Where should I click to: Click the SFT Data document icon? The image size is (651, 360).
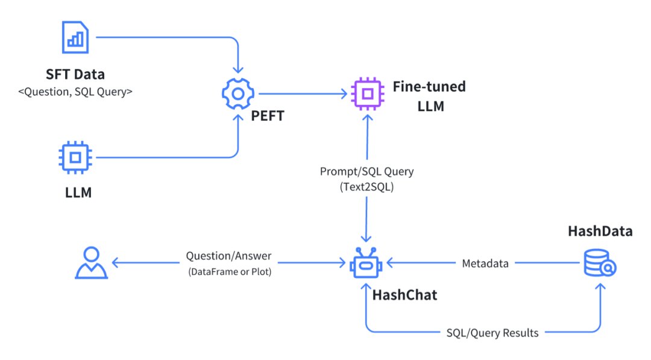click(x=75, y=37)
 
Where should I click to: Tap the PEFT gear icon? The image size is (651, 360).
click(x=237, y=93)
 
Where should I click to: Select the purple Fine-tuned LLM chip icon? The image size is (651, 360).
click(x=366, y=93)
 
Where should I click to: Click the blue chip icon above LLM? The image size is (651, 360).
click(x=75, y=157)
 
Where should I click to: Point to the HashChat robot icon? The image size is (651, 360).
click(x=366, y=264)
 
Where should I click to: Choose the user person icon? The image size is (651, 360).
click(x=91, y=263)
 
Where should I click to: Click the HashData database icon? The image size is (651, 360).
click(x=600, y=264)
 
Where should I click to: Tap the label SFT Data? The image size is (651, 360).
click(x=75, y=75)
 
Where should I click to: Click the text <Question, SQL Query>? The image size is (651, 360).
click(x=75, y=92)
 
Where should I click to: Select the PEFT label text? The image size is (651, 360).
click(x=267, y=115)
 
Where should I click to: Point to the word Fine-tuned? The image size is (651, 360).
click(x=429, y=86)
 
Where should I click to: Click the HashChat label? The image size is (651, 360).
click(x=404, y=295)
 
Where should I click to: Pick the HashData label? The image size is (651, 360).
click(x=600, y=231)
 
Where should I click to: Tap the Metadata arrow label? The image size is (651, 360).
click(x=485, y=264)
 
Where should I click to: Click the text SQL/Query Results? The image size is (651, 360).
click(x=492, y=332)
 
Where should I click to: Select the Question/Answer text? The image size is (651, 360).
click(x=228, y=256)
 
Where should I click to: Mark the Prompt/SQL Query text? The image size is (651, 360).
click(x=366, y=171)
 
